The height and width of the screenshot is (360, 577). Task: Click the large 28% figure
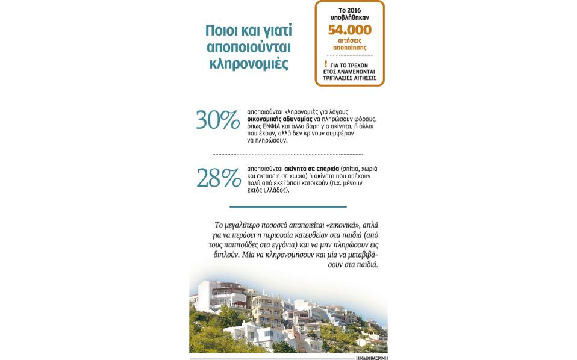click(217, 178)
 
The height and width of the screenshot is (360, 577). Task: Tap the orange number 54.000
click(349, 30)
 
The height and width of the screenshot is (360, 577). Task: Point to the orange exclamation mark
click(326, 64)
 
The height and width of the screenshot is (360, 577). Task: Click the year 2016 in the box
click(357, 11)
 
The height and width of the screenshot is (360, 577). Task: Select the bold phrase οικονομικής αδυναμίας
click(279, 120)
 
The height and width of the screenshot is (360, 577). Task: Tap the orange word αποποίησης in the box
click(349, 47)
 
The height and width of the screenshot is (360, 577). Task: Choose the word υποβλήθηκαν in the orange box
click(349, 19)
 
